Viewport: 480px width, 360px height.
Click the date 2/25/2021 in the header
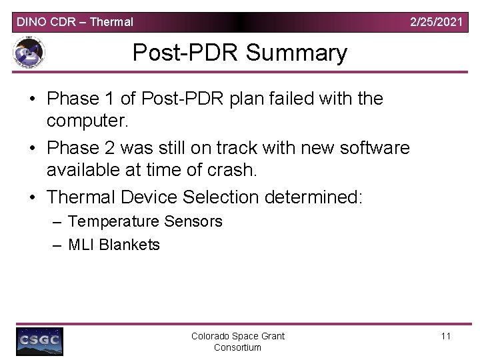coord(436,22)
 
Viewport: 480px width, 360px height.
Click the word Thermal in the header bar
coord(111,22)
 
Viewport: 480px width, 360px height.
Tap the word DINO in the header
coord(30,22)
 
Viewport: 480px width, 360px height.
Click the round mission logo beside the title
coord(28,53)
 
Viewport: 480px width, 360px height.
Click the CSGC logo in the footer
coord(40,341)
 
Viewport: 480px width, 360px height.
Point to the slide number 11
coord(446,336)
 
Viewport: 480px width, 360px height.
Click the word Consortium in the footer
coord(237,347)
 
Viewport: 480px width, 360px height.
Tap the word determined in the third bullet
coord(313,197)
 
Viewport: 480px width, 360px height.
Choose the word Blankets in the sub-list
coord(129,245)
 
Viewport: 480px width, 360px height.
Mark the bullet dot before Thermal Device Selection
coord(32,198)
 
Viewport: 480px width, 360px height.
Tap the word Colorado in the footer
coord(213,336)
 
